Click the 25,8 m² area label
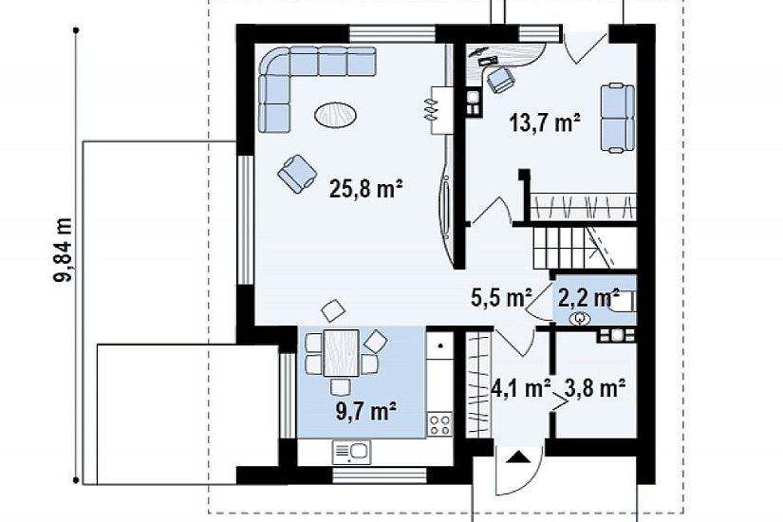(x=366, y=189)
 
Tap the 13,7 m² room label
(x=545, y=122)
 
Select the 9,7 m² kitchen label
(x=367, y=412)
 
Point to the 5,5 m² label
(x=501, y=298)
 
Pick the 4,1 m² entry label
(x=521, y=387)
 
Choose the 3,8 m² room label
(x=595, y=387)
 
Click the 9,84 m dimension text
(x=64, y=251)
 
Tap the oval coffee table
(x=336, y=116)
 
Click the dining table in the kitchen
(x=341, y=353)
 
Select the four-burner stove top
(x=440, y=424)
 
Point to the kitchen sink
(x=351, y=452)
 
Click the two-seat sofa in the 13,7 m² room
(x=618, y=118)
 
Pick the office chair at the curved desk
(x=500, y=79)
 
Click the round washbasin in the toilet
(x=580, y=318)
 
